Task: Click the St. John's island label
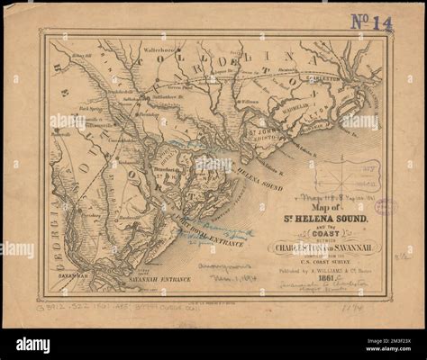(257, 130)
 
